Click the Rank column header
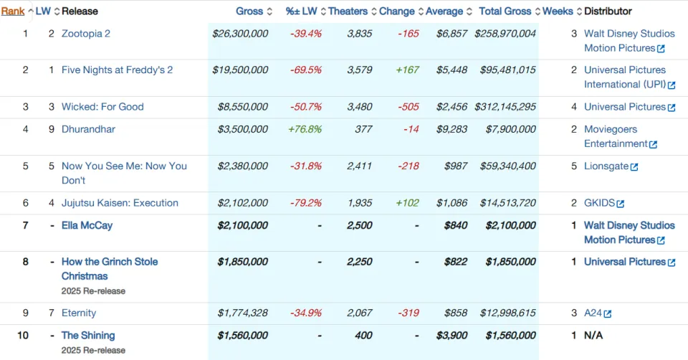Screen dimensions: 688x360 [13, 11]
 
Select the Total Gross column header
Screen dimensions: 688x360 [505, 11]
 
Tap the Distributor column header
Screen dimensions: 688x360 [608, 11]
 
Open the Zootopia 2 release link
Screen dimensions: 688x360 [85, 34]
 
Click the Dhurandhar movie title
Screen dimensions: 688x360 [88, 129]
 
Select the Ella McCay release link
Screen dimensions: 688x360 [87, 225]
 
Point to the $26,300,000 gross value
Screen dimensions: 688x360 [240, 34]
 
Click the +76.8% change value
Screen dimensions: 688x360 [305, 129]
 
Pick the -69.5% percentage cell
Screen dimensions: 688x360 [306, 70]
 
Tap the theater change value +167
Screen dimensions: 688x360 [408, 70]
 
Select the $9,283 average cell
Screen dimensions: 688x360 [451, 129]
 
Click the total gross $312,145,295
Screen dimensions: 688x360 [505, 107]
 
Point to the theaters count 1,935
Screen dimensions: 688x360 [359, 203]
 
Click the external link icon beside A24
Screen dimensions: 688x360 [607, 313]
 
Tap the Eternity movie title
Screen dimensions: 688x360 [79, 313]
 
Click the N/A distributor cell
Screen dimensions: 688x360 [593, 336]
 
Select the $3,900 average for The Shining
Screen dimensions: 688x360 [451, 336]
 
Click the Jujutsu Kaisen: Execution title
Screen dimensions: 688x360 [120, 203]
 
